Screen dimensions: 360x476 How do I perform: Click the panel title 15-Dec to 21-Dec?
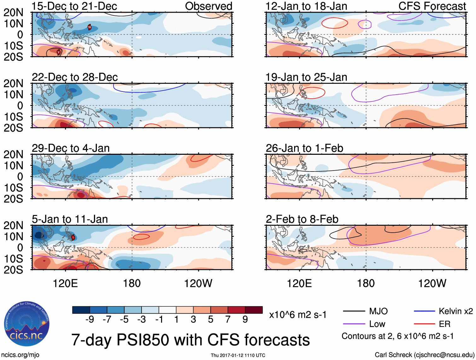pos(74,6)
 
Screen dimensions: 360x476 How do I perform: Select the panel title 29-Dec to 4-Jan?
pos(71,148)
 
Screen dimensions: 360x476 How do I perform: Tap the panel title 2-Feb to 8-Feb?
pos(302,219)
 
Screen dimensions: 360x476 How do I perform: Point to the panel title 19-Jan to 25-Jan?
pos(306,77)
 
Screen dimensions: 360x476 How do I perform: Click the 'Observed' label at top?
pos(209,6)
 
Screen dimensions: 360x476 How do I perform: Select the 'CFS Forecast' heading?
pos(432,6)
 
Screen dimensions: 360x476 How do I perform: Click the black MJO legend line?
pos(354,311)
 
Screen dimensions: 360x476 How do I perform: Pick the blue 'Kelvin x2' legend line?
pos(424,311)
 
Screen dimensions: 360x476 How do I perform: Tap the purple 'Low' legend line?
pos(354,324)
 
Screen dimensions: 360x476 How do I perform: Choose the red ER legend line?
pos(424,324)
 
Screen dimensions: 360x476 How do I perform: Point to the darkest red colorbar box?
pos(254,310)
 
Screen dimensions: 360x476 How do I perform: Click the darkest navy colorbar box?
pos(81,310)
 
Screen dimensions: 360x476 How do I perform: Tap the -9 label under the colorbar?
pos(90,320)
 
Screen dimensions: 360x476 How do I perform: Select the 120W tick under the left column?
pos(198,283)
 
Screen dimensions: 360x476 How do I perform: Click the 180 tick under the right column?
pos(366,283)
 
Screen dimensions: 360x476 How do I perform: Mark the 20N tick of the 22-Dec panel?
pos(14,84)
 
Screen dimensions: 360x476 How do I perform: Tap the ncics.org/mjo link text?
pos(20,355)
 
